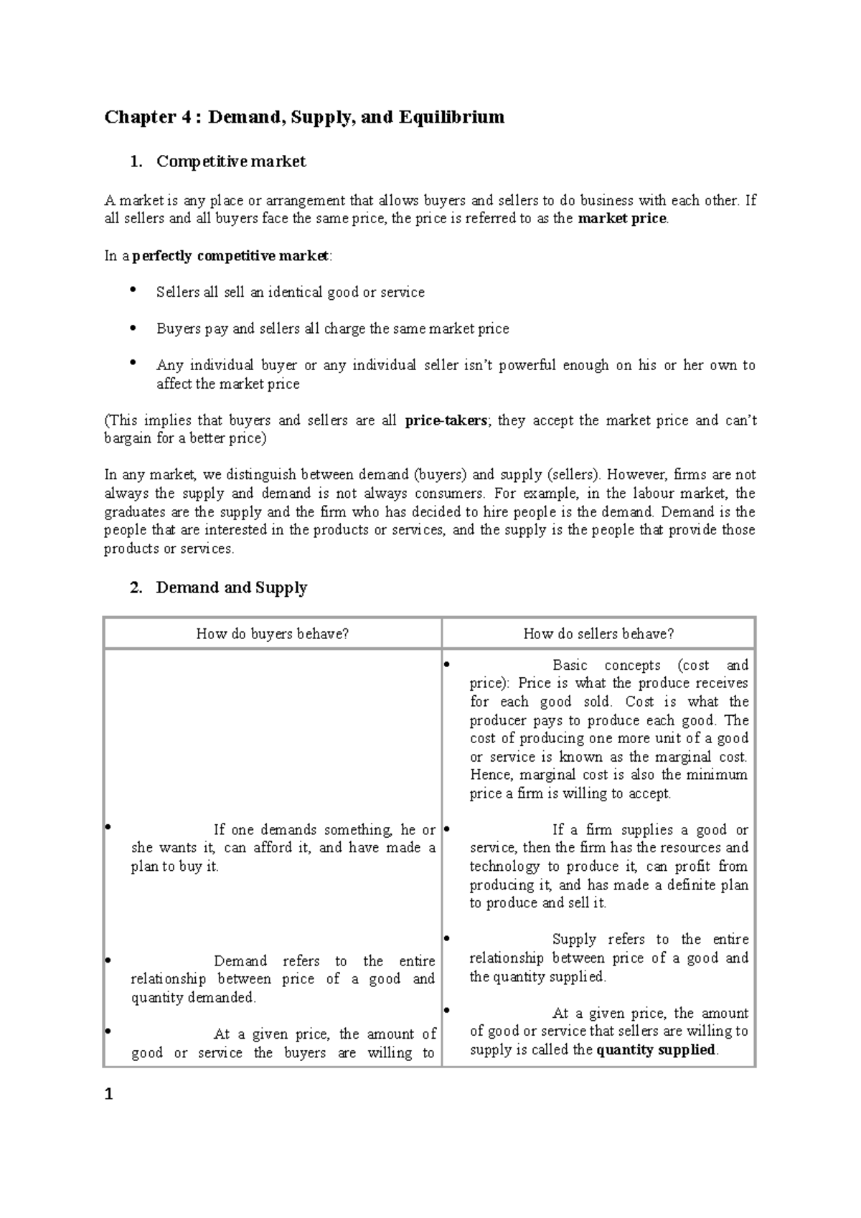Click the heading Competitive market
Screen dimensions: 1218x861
coord(231,161)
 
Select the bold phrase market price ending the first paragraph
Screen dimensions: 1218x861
coord(621,219)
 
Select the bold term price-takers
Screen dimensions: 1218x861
coord(446,420)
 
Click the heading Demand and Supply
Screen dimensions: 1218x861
coord(231,587)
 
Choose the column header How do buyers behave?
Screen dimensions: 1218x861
coord(272,633)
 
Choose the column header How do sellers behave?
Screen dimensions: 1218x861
coord(598,633)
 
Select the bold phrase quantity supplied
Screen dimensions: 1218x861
coord(656,1049)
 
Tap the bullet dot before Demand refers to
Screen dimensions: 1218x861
coord(107,959)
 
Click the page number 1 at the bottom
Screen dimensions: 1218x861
coord(109,1095)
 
